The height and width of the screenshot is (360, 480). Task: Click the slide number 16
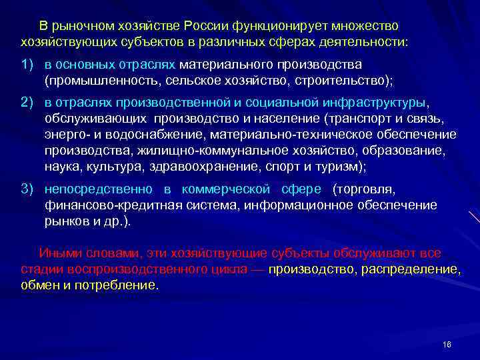click(x=447, y=343)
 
